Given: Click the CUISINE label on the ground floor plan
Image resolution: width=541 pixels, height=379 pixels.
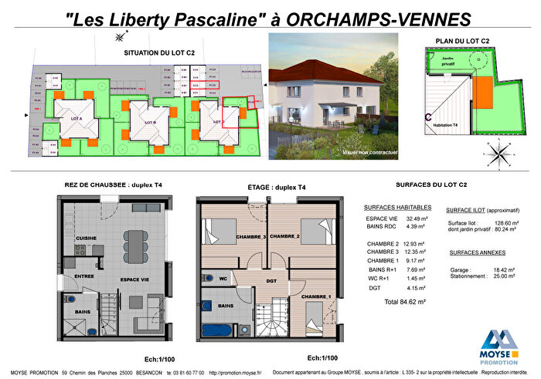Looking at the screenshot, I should click(85, 238).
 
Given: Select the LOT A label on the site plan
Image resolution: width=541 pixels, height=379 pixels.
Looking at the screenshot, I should click(76, 120).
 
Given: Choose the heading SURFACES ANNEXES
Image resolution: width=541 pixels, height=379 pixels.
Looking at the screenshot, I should click(477, 252).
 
